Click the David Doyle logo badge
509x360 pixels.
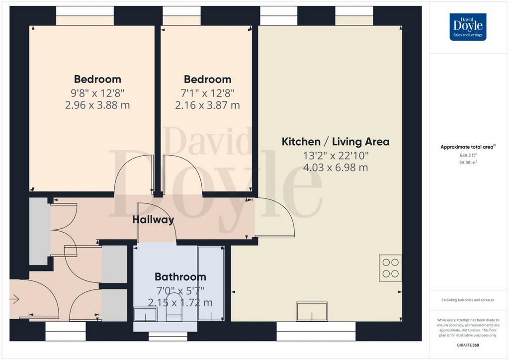click(x=468, y=27)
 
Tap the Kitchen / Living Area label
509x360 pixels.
click(x=336, y=142)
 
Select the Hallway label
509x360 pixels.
click(x=153, y=220)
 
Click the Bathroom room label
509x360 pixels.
click(x=180, y=276)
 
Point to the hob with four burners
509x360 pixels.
click(x=390, y=268)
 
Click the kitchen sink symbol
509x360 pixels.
click(x=312, y=311)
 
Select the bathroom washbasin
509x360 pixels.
click(x=146, y=314)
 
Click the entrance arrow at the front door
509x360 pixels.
click(x=14, y=299)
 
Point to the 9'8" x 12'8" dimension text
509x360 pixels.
click(x=98, y=93)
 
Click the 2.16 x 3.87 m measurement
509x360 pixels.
click(x=207, y=105)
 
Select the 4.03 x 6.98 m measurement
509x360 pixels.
click(x=336, y=168)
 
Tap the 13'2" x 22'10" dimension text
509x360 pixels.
click(x=336, y=156)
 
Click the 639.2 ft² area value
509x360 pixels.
click(x=468, y=155)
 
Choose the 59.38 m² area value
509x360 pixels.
click(x=468, y=162)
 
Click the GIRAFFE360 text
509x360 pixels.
click(x=468, y=345)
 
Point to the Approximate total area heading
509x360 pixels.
click(x=468, y=147)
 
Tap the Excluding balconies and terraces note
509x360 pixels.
click(x=468, y=300)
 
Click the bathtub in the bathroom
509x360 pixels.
click(x=211, y=283)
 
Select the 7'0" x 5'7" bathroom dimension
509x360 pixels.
click(x=180, y=290)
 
